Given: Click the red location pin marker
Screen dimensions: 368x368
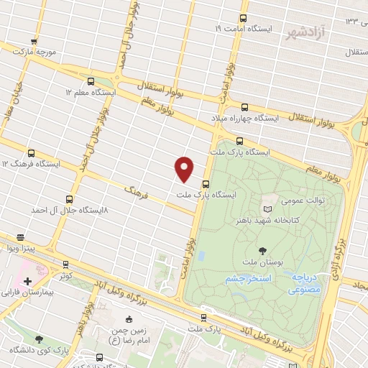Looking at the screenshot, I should [x=185, y=168].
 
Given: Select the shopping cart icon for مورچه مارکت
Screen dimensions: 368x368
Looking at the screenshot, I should [x=33, y=41].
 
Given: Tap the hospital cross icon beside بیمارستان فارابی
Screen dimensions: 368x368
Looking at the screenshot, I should [x=27, y=280].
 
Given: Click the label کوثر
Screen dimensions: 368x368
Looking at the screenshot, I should [x=66, y=275].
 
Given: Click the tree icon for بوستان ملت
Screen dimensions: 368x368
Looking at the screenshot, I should [x=260, y=249].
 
